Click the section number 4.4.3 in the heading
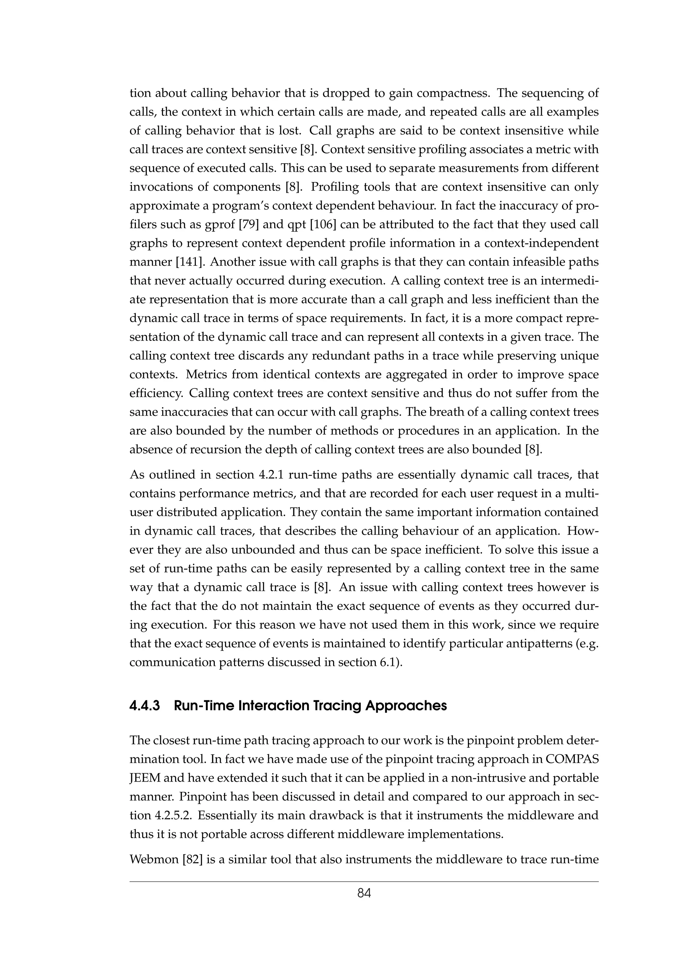point(144,706)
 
